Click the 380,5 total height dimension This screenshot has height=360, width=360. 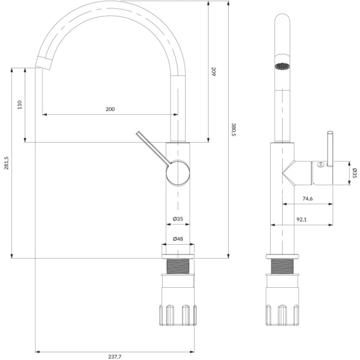(x=233, y=129)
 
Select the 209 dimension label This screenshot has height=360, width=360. (x=214, y=72)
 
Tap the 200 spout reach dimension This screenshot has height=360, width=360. (x=110, y=109)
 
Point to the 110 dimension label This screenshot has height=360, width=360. (x=20, y=105)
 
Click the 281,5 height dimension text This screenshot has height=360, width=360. (x=6, y=163)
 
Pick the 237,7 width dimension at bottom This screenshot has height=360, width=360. (x=115, y=357)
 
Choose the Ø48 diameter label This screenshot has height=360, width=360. (x=178, y=239)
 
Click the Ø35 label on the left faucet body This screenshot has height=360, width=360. (x=178, y=219)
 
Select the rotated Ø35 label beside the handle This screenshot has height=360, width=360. (x=354, y=173)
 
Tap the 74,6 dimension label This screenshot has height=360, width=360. (x=307, y=198)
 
